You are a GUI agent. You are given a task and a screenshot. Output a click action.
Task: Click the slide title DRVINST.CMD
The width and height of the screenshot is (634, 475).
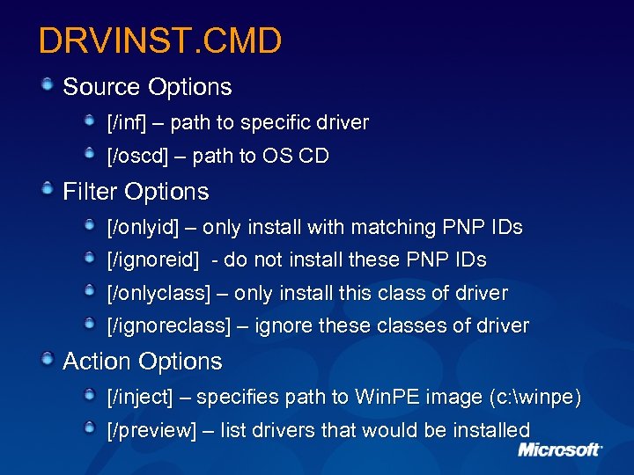[160, 40]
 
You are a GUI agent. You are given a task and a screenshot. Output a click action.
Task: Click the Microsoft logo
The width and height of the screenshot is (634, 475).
[559, 449]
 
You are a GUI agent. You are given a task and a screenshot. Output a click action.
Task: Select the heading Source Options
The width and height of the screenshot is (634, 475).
[147, 87]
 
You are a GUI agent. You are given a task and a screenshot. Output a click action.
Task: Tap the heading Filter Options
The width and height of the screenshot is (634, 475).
[136, 192]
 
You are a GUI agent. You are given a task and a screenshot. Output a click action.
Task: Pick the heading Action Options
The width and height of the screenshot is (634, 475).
[143, 362]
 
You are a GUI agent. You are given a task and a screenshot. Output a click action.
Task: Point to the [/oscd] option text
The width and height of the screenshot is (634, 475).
[137, 157]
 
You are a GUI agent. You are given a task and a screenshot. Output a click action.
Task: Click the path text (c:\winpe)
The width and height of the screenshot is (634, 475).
[534, 398]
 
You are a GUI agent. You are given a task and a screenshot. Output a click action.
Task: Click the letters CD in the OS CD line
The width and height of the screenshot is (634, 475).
[313, 157]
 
